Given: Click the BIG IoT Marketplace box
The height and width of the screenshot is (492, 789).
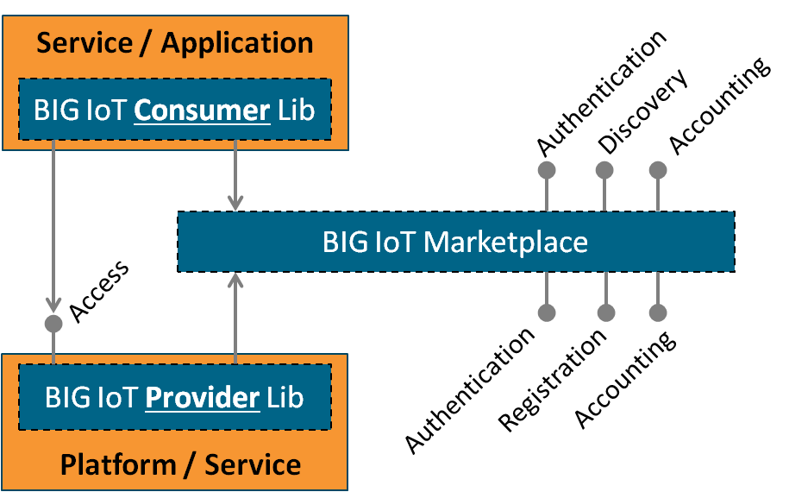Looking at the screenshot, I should (x=455, y=242).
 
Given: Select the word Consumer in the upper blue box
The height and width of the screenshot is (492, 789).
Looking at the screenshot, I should (x=202, y=110).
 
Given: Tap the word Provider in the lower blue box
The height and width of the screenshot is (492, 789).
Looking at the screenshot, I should (x=203, y=398).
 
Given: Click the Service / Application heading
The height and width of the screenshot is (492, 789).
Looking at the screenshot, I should (x=175, y=43).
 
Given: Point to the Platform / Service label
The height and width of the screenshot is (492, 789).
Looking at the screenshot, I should (x=180, y=465).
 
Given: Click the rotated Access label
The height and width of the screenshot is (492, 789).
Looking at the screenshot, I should (x=98, y=292).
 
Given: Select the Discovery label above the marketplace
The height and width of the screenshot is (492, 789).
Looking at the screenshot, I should (x=642, y=112).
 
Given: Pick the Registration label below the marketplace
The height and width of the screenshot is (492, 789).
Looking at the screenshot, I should (x=552, y=381).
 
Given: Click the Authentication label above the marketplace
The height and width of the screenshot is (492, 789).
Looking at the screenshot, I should (x=600, y=94).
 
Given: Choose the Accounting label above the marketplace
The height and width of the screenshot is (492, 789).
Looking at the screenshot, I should (x=717, y=107).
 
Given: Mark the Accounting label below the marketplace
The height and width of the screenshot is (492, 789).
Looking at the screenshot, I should (x=624, y=380).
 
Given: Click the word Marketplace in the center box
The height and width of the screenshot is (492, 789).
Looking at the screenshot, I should (x=506, y=242).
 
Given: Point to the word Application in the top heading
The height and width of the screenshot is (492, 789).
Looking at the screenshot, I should (x=237, y=43).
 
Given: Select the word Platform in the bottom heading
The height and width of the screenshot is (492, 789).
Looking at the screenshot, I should (x=116, y=465).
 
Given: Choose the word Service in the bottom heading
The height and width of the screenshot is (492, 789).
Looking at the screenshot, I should (x=253, y=465).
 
